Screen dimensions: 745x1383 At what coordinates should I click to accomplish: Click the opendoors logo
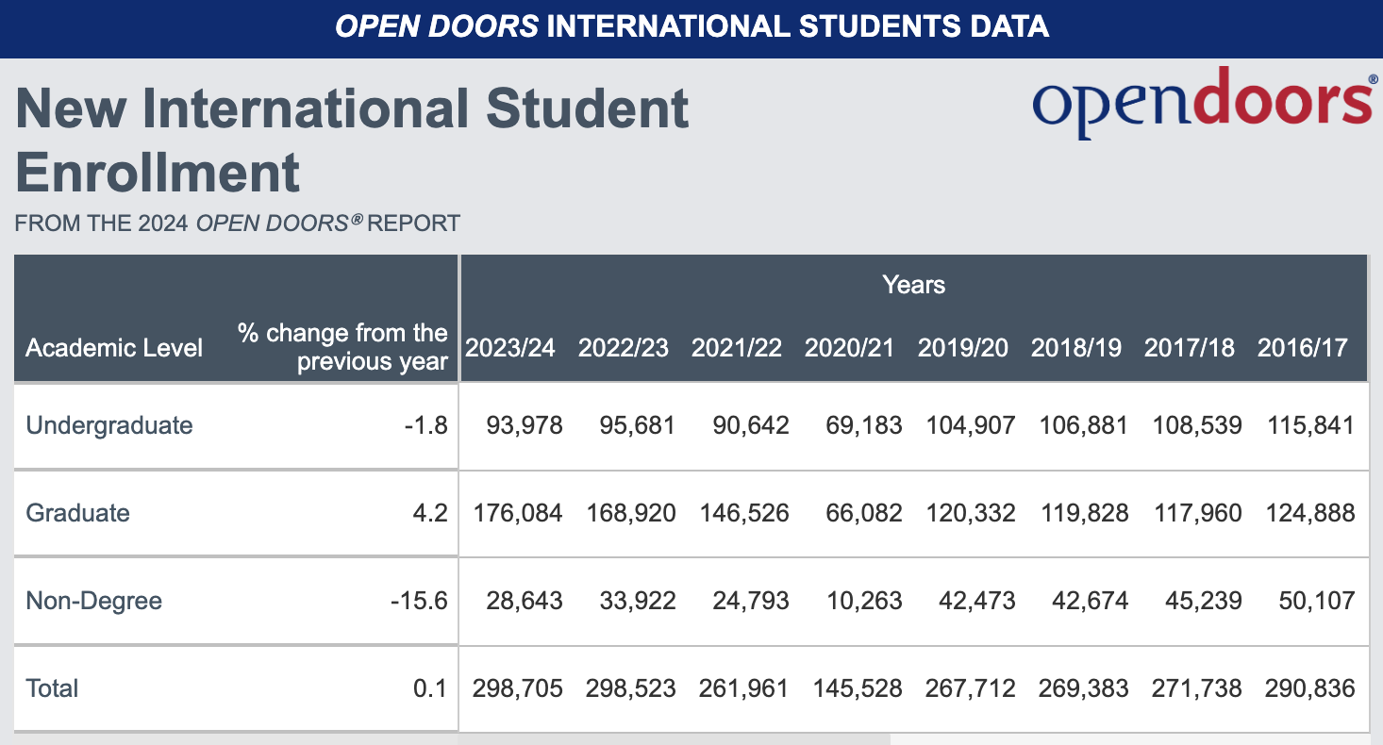(x=1203, y=101)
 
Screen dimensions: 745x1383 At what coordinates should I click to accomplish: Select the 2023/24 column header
(x=510, y=348)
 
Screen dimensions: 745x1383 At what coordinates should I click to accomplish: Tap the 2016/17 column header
(x=1303, y=348)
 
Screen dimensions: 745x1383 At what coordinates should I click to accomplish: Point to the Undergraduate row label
(x=109, y=425)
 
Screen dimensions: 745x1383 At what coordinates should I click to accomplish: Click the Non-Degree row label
(x=94, y=601)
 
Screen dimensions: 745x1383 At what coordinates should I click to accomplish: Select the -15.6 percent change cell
(x=419, y=601)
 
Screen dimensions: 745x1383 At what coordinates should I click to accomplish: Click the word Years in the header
(x=913, y=285)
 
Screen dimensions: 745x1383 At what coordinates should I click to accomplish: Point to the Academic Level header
(x=114, y=348)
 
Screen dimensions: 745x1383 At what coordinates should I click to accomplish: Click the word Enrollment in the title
(x=158, y=173)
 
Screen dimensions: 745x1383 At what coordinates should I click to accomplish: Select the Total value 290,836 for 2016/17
(x=1309, y=688)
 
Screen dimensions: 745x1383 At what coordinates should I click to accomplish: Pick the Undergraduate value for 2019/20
(x=970, y=425)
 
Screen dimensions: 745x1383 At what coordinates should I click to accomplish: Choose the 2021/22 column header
(x=737, y=348)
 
